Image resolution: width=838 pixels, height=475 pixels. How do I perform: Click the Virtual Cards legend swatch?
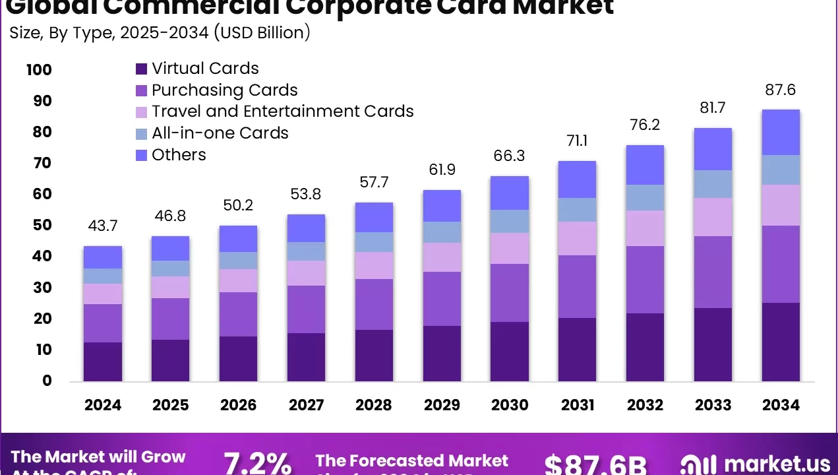[142, 69]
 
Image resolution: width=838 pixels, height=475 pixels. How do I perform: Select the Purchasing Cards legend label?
[224, 90]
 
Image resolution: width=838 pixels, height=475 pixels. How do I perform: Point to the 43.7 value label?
[103, 226]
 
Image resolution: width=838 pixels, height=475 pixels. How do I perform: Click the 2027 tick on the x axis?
[306, 405]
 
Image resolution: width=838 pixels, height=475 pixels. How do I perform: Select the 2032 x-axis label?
[645, 405]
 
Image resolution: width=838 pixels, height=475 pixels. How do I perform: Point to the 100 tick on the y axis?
[39, 70]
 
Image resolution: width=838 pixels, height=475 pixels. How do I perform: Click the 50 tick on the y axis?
[42, 225]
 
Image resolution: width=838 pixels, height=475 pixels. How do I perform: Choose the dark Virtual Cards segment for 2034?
[781, 342]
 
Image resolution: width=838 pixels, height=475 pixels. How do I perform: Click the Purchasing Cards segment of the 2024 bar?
[103, 323]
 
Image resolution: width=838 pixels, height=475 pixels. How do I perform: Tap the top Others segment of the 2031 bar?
[577, 179]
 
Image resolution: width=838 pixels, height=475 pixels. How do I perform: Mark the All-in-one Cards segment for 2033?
[713, 184]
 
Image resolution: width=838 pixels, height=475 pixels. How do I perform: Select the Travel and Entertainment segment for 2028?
[374, 265]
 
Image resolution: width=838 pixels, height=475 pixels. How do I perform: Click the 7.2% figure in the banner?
[258, 464]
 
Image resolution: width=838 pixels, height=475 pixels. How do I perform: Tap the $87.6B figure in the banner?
[595, 464]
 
